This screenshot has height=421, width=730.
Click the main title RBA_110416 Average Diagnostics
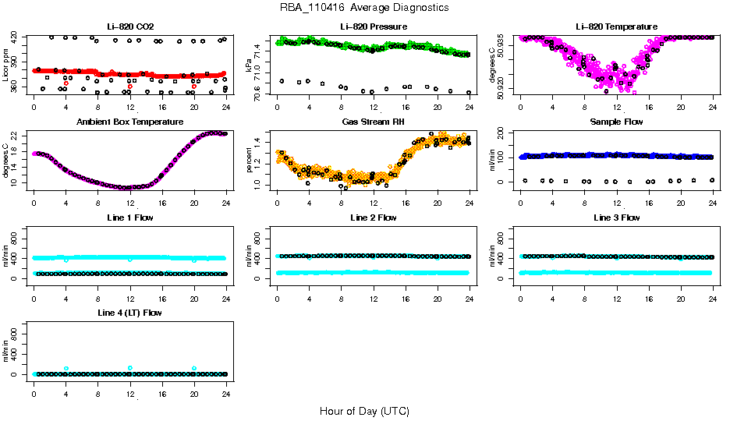pos(364,8)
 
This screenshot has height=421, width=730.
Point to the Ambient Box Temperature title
pos(130,122)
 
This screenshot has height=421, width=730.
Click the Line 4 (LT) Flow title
pos(130,313)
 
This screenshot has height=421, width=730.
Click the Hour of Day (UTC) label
pos(364,411)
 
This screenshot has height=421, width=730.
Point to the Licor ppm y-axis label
pos(6,64)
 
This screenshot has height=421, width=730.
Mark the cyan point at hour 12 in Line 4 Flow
pos(130,368)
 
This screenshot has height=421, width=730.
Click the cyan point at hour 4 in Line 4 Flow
pos(66,368)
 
